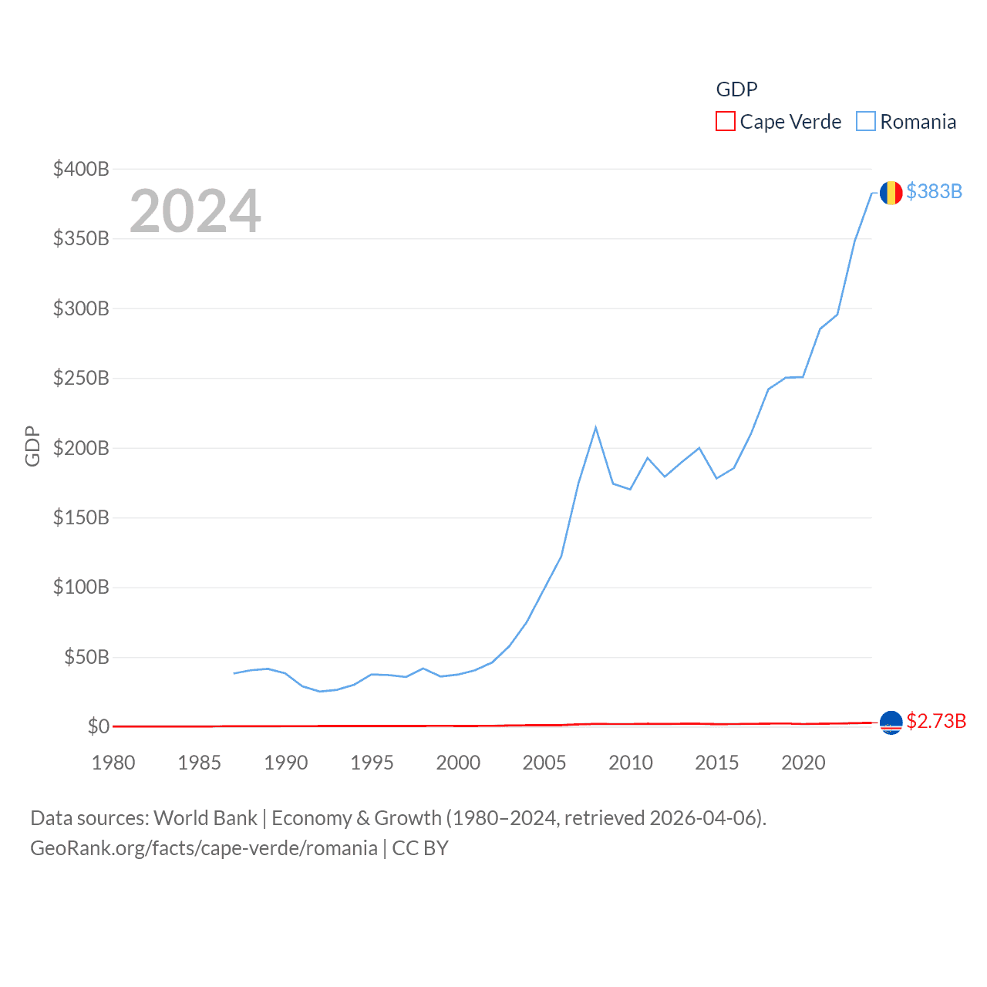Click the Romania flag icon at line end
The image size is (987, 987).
(x=891, y=192)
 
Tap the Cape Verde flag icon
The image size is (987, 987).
(x=891, y=723)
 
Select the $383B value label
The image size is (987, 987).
(x=934, y=191)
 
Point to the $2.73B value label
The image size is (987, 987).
(x=935, y=721)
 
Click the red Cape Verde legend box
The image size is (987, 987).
(x=725, y=122)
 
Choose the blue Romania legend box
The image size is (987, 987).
(x=866, y=122)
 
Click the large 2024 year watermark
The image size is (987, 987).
(x=195, y=211)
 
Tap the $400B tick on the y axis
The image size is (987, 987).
(x=81, y=169)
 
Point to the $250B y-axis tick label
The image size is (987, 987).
(x=81, y=378)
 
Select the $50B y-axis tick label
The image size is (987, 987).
(x=86, y=657)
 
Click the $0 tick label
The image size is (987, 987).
(x=98, y=726)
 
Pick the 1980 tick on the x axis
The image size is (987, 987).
(x=113, y=763)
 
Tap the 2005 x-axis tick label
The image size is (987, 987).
(x=544, y=763)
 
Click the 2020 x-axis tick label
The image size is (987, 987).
(x=803, y=763)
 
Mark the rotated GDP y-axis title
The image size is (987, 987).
(x=32, y=446)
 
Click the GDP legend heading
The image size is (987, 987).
(x=736, y=89)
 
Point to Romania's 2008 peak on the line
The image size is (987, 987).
(x=596, y=428)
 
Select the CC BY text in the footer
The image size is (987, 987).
(x=420, y=848)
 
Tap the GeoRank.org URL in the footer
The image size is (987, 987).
(x=204, y=848)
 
